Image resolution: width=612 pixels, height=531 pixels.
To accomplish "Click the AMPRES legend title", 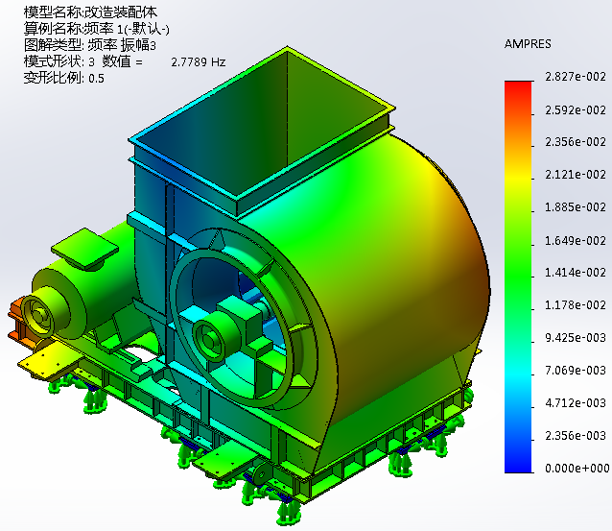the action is tap(528, 44).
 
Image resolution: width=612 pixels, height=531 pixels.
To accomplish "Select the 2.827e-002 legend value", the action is tap(576, 77).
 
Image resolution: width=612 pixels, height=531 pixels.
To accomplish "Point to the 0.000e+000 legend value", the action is tap(577, 468).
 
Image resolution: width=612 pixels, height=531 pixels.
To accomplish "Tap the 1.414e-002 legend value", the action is tap(576, 273).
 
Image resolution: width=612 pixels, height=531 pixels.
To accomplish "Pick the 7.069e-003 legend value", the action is tap(576, 370).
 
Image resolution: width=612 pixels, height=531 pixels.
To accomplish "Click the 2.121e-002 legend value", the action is tap(576, 175).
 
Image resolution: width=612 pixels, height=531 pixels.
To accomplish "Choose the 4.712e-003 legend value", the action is tap(576, 403).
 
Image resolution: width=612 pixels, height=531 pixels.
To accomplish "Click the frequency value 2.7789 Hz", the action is tap(199, 62).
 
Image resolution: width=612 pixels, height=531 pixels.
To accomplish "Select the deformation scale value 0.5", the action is tap(97, 79).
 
